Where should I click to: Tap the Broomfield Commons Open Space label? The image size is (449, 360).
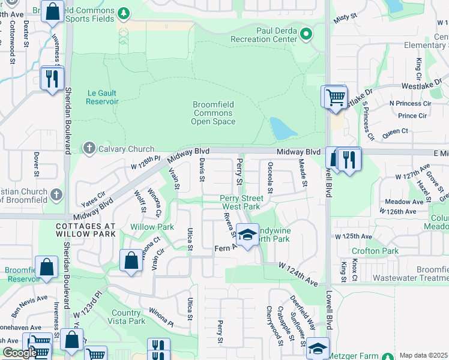[213, 113]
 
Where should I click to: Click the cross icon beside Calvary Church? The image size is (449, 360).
[89, 148]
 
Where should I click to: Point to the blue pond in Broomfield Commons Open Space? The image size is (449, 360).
[280, 128]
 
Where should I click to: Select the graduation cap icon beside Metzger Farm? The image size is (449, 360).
[318, 348]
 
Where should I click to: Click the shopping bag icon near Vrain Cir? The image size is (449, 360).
[131, 261]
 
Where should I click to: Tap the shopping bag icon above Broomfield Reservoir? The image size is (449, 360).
[46, 268]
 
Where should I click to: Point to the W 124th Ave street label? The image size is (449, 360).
[298, 265]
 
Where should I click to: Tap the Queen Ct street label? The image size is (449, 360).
[394, 130]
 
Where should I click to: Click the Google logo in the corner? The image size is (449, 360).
[19, 353]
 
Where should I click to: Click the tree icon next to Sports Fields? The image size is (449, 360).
[124, 13]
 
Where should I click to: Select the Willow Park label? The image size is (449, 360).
[152, 227]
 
